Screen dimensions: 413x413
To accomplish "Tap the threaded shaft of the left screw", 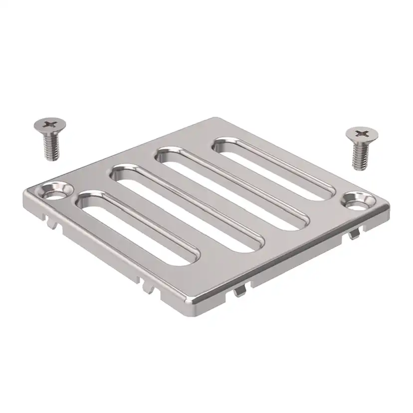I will [x=51, y=147].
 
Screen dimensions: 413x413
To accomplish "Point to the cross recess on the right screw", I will [x=361, y=133].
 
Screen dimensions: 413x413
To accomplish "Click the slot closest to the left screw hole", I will [x=137, y=227].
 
